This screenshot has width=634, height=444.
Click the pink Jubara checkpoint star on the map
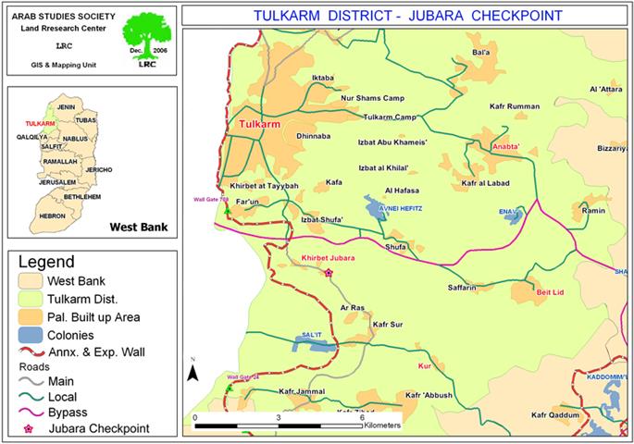coord(328,272)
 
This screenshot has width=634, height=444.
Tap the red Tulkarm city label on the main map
coord(258,123)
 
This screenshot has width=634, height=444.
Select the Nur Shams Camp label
coord(374,97)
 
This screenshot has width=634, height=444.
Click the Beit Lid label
coord(551,291)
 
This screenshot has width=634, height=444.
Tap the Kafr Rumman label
coord(516,107)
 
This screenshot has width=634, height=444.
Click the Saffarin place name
coord(463,288)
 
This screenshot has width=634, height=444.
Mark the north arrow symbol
coord(193,371)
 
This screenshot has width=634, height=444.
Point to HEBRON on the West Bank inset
coord(52,216)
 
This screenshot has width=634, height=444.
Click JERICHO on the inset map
coord(98,170)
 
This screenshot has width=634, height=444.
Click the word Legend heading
coord(46,262)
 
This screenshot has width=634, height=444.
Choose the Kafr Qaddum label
coord(555,414)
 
